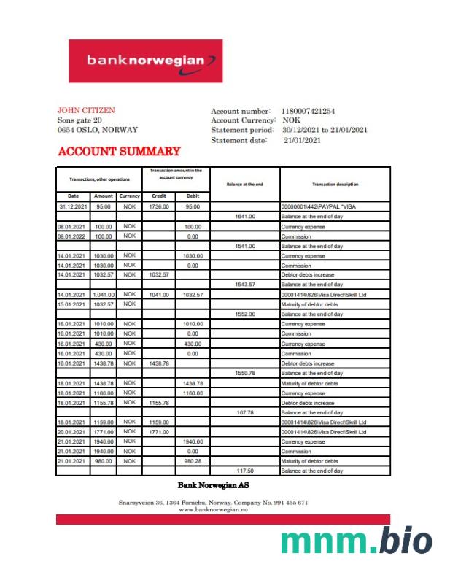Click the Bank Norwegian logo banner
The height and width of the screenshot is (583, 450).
pyautogui.click(x=145, y=61)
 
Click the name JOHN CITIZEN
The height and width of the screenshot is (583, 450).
pyautogui.click(x=85, y=111)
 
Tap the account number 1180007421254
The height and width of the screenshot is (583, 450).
pyautogui.click(x=308, y=111)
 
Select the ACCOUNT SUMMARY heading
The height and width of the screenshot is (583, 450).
pyautogui.click(x=119, y=152)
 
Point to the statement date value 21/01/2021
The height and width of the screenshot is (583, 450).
pyautogui.click(x=302, y=140)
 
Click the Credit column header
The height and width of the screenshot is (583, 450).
pyautogui.click(x=159, y=196)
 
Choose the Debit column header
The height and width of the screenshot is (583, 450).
pyautogui.click(x=193, y=196)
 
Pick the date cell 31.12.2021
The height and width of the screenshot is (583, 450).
pyautogui.click(x=73, y=207)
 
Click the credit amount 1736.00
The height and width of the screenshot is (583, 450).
pyautogui.click(x=159, y=207)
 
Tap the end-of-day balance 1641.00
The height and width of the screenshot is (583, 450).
pyautogui.click(x=244, y=217)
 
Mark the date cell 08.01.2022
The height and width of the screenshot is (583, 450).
pyautogui.click(x=73, y=236)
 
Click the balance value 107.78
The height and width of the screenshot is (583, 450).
pyautogui.click(x=244, y=412)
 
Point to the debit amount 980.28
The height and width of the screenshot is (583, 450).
pyautogui.click(x=193, y=461)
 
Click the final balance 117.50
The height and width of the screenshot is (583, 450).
pyautogui.click(x=244, y=471)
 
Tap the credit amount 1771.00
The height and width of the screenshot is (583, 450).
pyautogui.click(x=159, y=432)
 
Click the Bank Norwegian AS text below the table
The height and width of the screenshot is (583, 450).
pyautogui.click(x=214, y=485)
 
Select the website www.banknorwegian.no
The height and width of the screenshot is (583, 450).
pyautogui.click(x=214, y=509)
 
